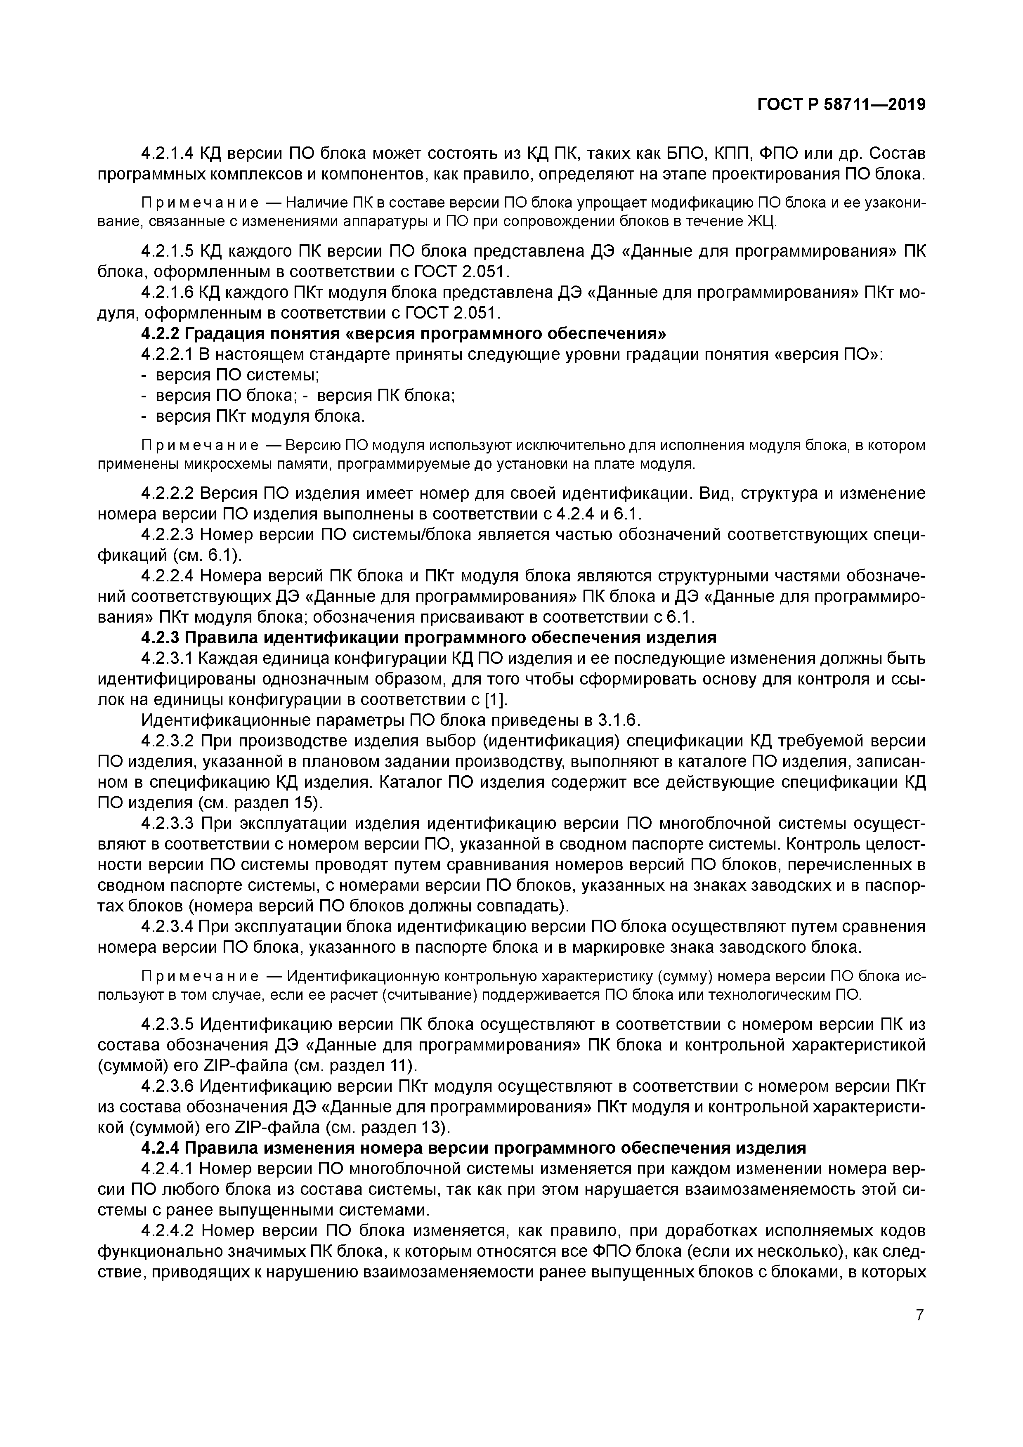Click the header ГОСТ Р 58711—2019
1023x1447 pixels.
841,105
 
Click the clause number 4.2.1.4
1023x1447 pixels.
167,153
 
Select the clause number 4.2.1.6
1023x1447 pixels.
167,293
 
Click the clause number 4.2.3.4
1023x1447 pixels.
167,926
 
